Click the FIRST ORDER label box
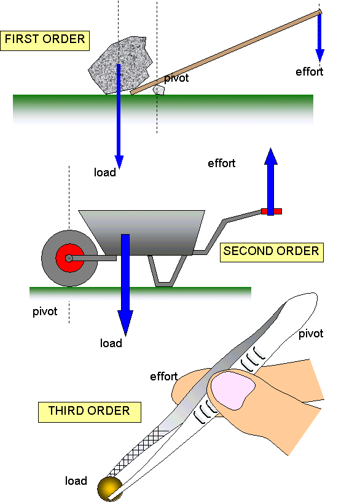(45, 40)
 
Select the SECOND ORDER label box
(271, 251)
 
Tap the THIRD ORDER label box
(90, 411)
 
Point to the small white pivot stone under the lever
(159, 90)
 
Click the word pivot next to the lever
(176, 79)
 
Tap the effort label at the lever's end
(309, 72)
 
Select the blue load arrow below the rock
(119, 135)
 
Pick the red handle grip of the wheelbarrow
(271, 211)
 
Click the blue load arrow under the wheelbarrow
(125, 289)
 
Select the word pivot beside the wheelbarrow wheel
(45, 312)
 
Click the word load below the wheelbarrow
(111, 343)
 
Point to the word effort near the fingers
(164, 377)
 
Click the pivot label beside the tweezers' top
(310, 334)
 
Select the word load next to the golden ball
(76, 481)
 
